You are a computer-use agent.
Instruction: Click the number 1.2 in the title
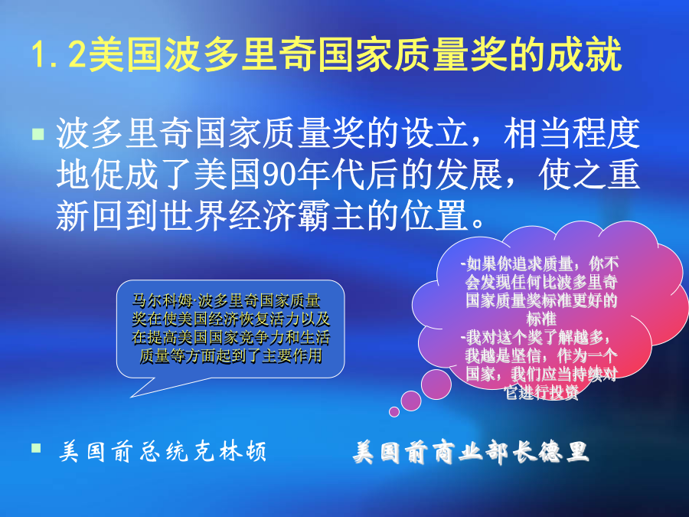58,54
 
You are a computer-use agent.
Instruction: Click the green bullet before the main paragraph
38,134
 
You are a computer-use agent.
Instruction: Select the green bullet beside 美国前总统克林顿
37,448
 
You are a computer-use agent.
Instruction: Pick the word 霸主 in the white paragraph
331,215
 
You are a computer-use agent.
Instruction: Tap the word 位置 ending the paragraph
435,215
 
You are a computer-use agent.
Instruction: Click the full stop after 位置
478,224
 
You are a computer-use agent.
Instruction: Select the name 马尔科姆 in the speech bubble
162,301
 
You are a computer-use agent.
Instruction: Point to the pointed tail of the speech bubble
132,397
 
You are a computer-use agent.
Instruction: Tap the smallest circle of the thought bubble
394,411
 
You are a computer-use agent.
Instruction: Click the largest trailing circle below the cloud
436,384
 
